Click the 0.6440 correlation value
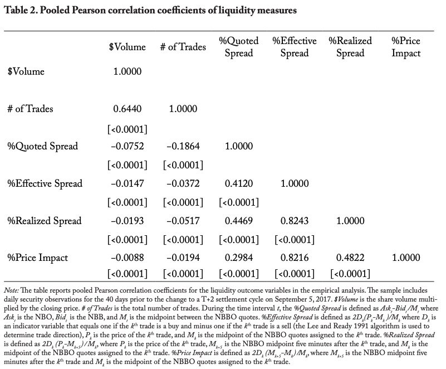tap(127, 109)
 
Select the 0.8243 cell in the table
tap(295, 221)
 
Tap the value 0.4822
tap(350, 258)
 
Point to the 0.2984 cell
tap(239, 258)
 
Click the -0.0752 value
tap(127, 146)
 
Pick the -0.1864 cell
tap(183, 146)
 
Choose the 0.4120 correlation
tap(239, 183)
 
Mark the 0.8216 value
tap(295, 258)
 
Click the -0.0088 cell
tap(127, 258)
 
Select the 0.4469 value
tap(239, 221)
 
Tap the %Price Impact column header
tap(406, 47)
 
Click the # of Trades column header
tap(183, 47)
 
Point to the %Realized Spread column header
tap(350, 47)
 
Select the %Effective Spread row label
tap(45, 183)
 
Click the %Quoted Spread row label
tap(43, 147)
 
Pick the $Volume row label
tap(26, 71)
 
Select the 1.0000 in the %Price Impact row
tap(406, 258)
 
